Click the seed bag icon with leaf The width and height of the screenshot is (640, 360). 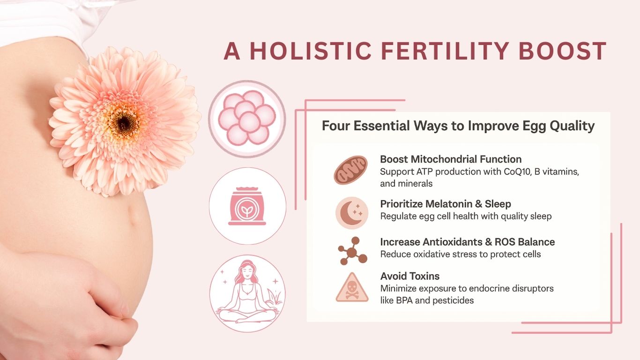pyautogui.click(x=247, y=206)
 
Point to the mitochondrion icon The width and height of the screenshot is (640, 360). pyautogui.click(x=351, y=170)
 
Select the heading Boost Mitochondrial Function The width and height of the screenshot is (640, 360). pyautogui.click(x=451, y=159)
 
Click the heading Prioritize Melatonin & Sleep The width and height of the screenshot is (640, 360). pyautogui.click(x=446, y=204)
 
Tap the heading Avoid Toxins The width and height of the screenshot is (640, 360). pyautogui.click(x=410, y=276)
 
